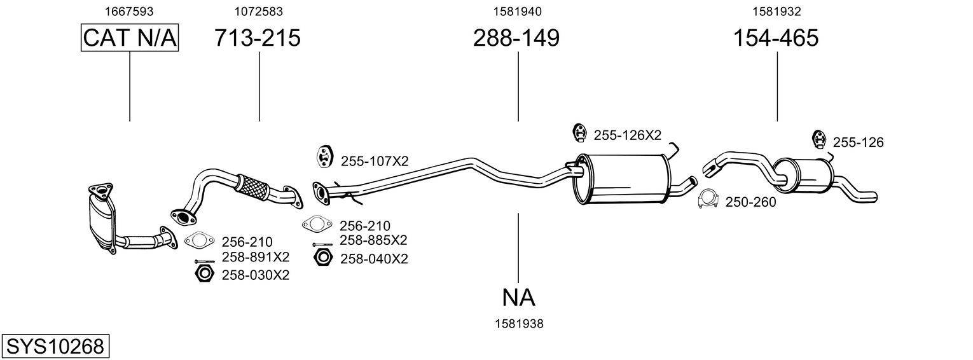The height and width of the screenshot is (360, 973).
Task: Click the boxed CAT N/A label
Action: pyautogui.click(x=130, y=38)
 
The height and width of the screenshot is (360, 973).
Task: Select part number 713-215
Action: pyautogui.click(x=258, y=38)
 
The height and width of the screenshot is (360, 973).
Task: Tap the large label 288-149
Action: pyautogui.click(x=516, y=38)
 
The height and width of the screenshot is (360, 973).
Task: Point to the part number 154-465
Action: pyautogui.click(x=776, y=38)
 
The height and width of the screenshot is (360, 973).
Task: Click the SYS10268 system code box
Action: pyautogui.click(x=55, y=347)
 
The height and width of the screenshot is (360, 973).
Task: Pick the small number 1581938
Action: pyautogui.click(x=519, y=324)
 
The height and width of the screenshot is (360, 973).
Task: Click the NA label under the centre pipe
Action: pyautogui.click(x=518, y=297)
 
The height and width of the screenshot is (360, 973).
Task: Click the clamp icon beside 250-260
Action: pyautogui.click(x=708, y=199)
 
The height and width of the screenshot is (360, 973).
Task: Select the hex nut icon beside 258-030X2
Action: pyautogui.click(x=204, y=274)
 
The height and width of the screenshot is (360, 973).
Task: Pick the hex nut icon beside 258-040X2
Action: pyautogui.click(x=323, y=258)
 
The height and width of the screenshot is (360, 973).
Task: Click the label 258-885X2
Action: pyautogui.click(x=373, y=240)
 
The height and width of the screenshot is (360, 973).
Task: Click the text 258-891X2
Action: pyautogui.click(x=255, y=257)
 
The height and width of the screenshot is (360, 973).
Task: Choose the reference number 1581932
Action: pyautogui.click(x=776, y=11)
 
